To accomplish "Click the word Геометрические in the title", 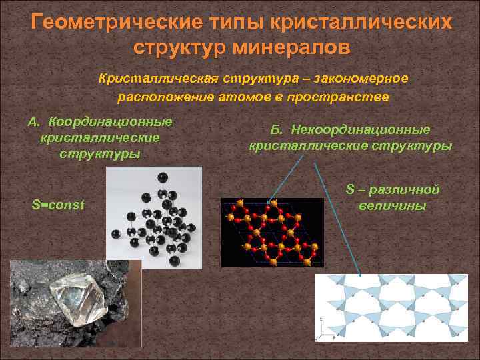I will click(x=117, y=22).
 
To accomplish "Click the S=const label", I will click(x=58, y=205).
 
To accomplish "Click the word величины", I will click(x=393, y=206).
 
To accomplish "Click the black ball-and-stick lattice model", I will click(x=154, y=217).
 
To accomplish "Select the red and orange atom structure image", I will click(x=272, y=232).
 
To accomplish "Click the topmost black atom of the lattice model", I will click(x=162, y=177).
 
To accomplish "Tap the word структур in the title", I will click(x=177, y=48).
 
